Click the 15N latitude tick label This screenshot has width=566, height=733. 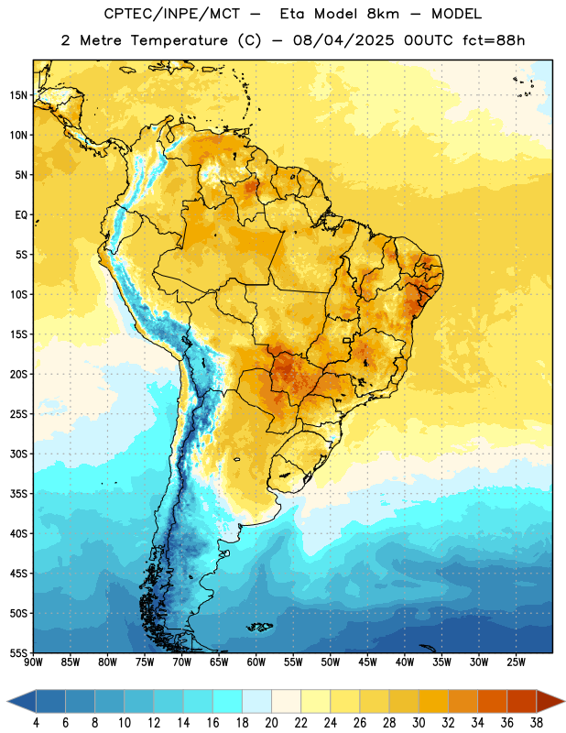click(x=18, y=95)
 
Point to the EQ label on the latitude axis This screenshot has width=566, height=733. click(x=21, y=215)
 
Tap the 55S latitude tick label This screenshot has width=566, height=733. click(x=18, y=652)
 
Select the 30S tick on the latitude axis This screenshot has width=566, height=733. click(x=18, y=454)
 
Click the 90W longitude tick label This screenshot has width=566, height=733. click(x=34, y=662)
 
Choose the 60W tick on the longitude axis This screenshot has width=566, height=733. click(x=256, y=662)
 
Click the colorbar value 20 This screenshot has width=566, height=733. click(x=271, y=723)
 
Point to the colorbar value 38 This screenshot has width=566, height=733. click(x=537, y=723)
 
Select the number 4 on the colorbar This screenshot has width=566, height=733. click(x=36, y=723)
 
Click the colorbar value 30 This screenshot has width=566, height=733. click(x=419, y=723)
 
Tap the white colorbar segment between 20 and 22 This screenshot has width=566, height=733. click(x=286, y=701)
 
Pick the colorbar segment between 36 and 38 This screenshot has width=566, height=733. click(x=522, y=701)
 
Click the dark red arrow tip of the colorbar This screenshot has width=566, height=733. click(x=564, y=701)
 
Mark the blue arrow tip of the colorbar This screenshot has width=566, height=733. click(x=7, y=701)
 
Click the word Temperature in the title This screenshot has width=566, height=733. click(x=179, y=40)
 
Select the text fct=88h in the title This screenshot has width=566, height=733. click(x=494, y=40)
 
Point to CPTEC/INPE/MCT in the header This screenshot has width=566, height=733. click(x=171, y=14)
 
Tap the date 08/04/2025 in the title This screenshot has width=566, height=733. click(x=343, y=40)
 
